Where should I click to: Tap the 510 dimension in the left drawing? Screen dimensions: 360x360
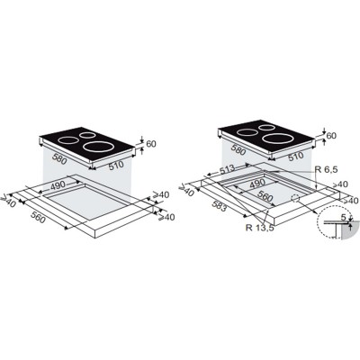click(116, 166)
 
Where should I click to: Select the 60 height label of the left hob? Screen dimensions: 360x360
click(151, 144)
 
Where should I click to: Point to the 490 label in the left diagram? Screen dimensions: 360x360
click(58, 186)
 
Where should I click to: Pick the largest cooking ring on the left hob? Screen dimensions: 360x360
click(98, 147)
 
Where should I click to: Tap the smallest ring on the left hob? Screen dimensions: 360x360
click(87, 135)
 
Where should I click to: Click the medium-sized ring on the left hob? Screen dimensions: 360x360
click(68, 140)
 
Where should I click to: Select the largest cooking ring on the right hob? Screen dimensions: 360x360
click(277, 139)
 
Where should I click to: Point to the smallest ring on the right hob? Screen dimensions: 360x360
click(266, 128)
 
